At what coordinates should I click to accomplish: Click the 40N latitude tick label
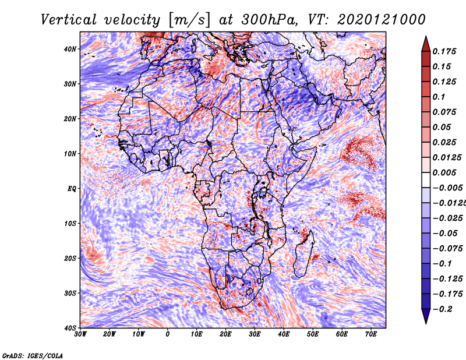pos(70,49)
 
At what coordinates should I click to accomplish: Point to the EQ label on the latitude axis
pos(72,189)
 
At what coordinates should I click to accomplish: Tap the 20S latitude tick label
pos(70,258)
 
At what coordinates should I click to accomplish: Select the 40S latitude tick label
pos(70,328)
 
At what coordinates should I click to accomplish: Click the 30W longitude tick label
pos(80,334)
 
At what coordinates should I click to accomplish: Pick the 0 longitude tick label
pos(168,334)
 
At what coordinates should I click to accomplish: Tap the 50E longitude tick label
pos(313,334)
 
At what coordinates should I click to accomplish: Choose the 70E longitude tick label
pos(371,334)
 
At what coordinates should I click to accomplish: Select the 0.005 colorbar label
pos(444,172)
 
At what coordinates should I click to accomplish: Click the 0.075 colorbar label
pos(444,112)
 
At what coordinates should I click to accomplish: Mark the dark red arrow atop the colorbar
pos(426,44)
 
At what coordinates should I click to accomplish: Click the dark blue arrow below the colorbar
pos(426,316)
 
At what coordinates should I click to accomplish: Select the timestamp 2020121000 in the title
pos(382,20)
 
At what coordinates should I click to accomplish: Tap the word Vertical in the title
pos(69,20)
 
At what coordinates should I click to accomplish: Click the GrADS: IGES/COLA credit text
pos(33,355)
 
